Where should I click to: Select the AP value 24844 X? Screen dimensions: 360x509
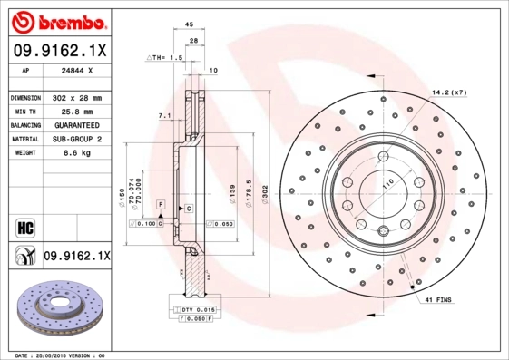click(75, 69)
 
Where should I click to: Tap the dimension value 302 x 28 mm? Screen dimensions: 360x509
click(76, 97)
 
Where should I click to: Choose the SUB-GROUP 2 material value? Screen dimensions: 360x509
click(75, 139)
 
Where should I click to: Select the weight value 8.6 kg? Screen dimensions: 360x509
click(67, 153)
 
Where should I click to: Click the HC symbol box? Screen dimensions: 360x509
click(24, 225)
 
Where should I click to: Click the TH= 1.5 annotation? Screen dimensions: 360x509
click(165, 56)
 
